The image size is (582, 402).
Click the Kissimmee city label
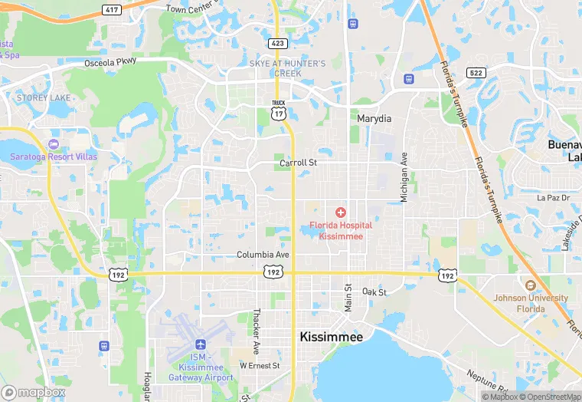click(x=332, y=337)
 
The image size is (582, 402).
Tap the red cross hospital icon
click(x=341, y=212)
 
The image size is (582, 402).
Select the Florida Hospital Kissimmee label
click(x=341, y=231)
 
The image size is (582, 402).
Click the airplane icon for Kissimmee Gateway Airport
click(x=201, y=344)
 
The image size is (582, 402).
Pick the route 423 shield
click(x=279, y=44)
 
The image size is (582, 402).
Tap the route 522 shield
click(x=476, y=72)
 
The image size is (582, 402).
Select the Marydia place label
click(x=374, y=119)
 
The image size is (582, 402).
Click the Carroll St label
click(x=298, y=163)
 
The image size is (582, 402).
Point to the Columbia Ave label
click(x=263, y=255)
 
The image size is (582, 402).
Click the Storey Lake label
click(x=44, y=98)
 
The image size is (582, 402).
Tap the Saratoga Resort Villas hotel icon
click(x=53, y=144)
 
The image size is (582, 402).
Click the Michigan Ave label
click(x=404, y=177)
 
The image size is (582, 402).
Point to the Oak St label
click(x=374, y=292)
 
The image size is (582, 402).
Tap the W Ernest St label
click(x=260, y=366)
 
